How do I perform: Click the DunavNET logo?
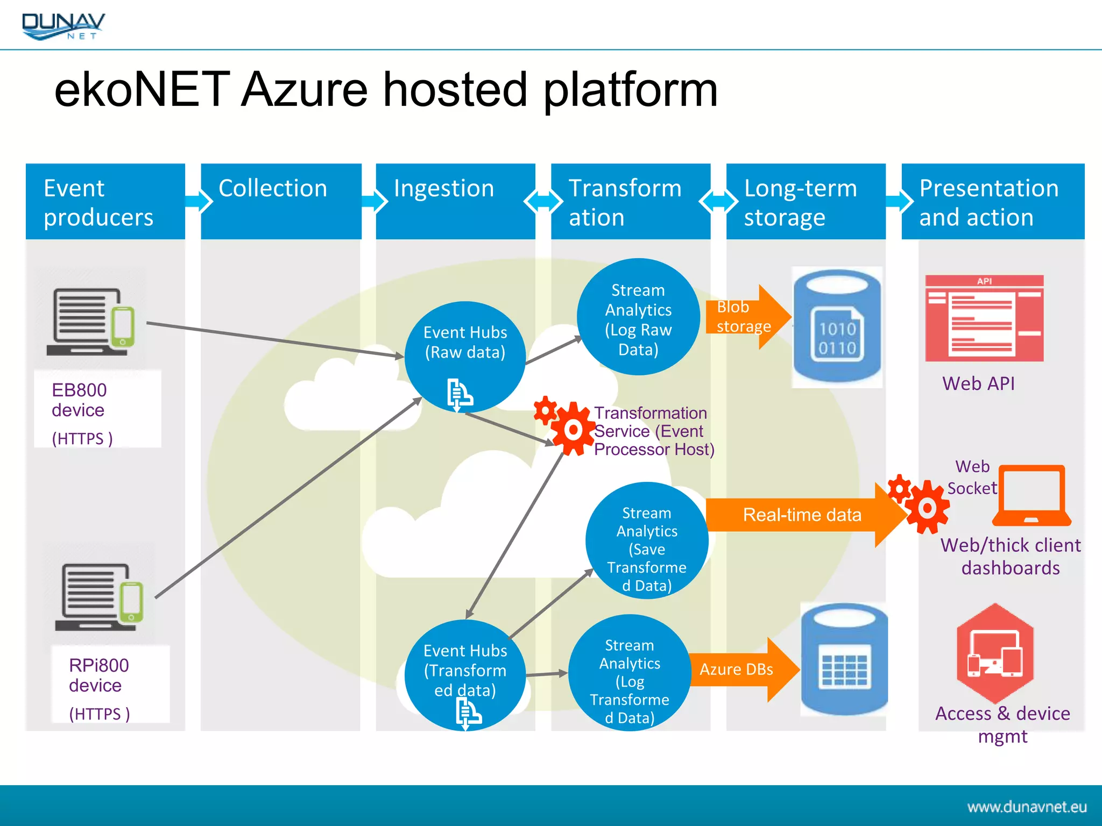click(x=63, y=26)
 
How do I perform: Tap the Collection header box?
click(x=280, y=201)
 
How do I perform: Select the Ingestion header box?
click(x=455, y=201)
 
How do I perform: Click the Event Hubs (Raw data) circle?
click(x=465, y=355)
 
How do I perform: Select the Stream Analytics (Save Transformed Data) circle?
click(x=646, y=541)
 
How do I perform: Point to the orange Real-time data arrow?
click(x=802, y=515)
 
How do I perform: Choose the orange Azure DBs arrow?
click(x=743, y=670)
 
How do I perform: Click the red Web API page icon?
click(x=984, y=318)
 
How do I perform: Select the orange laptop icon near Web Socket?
click(x=1032, y=495)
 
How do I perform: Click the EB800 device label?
click(x=79, y=400)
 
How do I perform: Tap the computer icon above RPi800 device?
click(x=99, y=597)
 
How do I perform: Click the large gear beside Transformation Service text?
click(x=573, y=429)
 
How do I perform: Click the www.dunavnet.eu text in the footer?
click(x=1027, y=807)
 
